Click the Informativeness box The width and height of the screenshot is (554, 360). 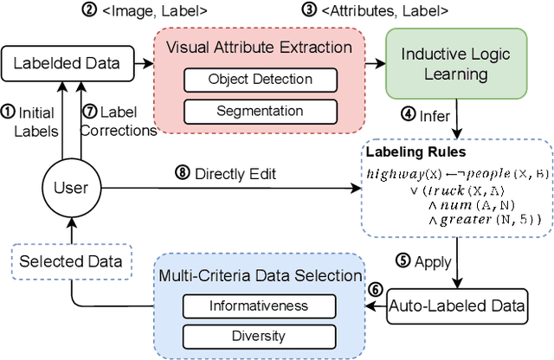pyautogui.click(x=245, y=305)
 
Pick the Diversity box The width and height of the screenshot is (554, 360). pyautogui.click(x=245, y=334)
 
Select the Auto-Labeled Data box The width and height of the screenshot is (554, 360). pyautogui.click(x=457, y=305)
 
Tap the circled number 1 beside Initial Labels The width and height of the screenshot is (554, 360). pyautogui.click(x=8, y=111)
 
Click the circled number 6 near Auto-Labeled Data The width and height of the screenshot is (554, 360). pyautogui.click(x=375, y=289)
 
